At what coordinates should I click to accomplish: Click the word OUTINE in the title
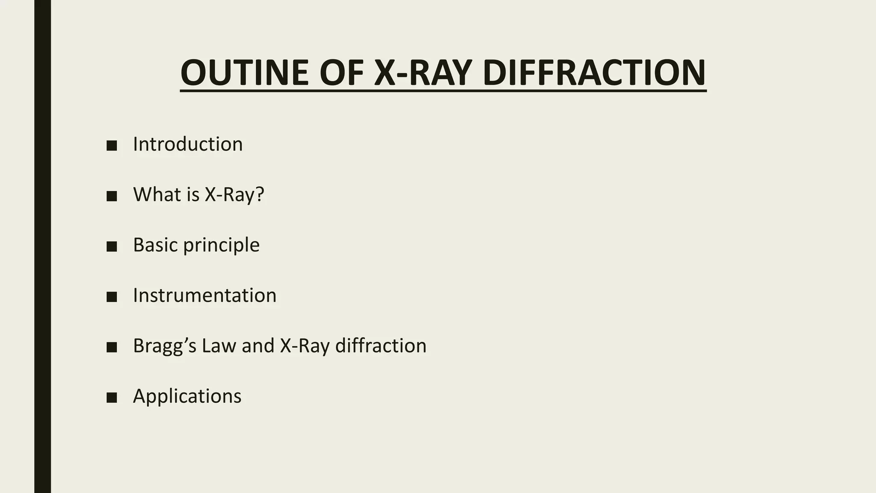(244, 73)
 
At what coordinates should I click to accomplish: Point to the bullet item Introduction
(188, 144)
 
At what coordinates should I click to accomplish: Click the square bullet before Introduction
(112, 146)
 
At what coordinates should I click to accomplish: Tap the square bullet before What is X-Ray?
(112, 196)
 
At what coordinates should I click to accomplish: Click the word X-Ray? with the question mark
(234, 195)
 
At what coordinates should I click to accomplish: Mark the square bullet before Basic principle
(112, 246)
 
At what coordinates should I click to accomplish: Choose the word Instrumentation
(204, 295)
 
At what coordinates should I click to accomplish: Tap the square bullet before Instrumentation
(112, 297)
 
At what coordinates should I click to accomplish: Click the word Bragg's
(165, 346)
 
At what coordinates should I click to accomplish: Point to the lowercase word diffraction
(381, 346)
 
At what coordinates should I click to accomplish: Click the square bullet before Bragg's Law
(112, 347)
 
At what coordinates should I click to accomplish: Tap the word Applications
(187, 396)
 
